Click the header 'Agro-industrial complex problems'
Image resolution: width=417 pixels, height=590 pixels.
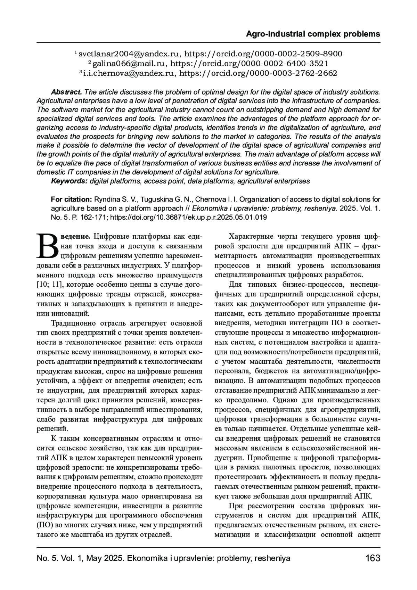coord(313,34)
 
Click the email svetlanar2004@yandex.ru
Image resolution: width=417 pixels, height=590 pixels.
coord(129,54)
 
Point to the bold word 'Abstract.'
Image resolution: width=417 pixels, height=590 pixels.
coord(66,92)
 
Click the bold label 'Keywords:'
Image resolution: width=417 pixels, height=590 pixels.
coord(69,181)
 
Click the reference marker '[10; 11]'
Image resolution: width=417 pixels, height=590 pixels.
coord(49,285)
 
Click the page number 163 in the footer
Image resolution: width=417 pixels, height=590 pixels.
coord(373,558)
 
